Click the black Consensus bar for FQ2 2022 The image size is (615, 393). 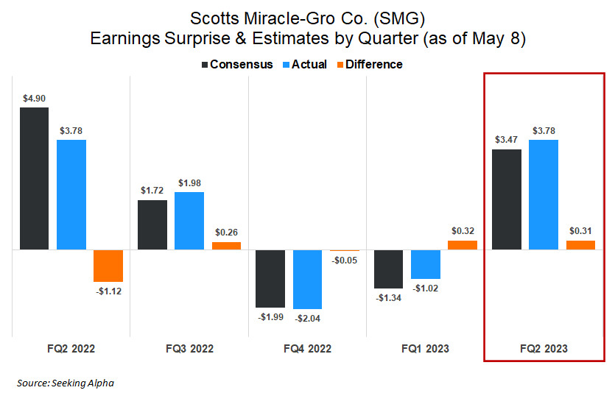(34, 179)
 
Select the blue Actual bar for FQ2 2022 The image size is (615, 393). (71, 195)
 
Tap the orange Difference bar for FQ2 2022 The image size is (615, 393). (108, 266)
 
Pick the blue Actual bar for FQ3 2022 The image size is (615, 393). (189, 221)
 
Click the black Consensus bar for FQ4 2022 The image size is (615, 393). (270, 278)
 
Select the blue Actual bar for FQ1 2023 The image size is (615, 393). (426, 264)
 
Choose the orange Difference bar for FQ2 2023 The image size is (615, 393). (580, 245)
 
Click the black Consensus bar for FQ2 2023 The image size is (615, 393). (506, 199)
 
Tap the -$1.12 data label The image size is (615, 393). (108, 291)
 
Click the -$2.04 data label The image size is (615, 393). (308, 318)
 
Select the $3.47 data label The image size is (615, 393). (506, 140)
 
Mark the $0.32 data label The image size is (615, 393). (463, 230)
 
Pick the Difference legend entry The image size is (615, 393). (368, 64)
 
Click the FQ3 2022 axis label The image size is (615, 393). (189, 348)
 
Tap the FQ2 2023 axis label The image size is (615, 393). (544, 348)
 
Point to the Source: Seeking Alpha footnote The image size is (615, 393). (66, 383)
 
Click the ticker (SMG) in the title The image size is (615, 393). (396, 17)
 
